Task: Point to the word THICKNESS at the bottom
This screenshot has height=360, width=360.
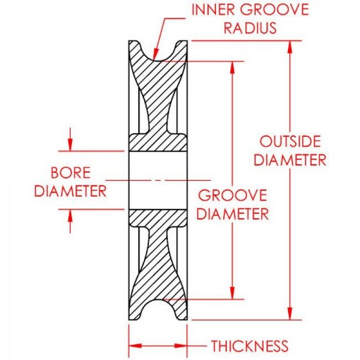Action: point(250,347)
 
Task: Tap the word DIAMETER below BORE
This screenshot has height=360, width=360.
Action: point(70,191)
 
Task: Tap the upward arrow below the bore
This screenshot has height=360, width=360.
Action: point(70,216)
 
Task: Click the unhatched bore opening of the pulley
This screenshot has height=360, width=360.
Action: point(158,180)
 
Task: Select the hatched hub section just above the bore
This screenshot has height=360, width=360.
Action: point(158,143)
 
